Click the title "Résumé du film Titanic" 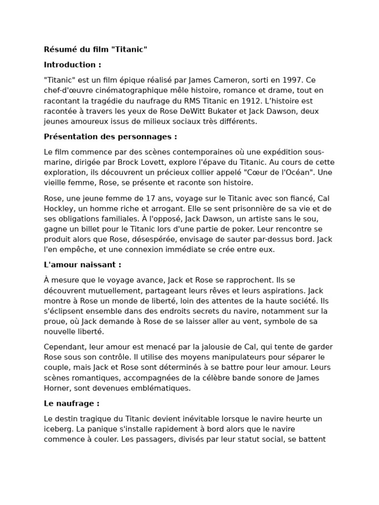[96, 49]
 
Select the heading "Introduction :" [73, 65]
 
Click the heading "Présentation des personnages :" [110, 137]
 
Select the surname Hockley [60, 209]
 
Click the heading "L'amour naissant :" [82, 265]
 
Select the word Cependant [64, 347]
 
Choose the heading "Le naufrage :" [72, 403]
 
